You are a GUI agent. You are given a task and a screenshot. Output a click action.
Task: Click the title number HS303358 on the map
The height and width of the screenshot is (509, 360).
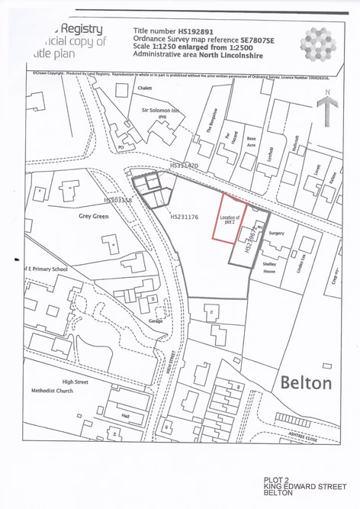117,200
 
